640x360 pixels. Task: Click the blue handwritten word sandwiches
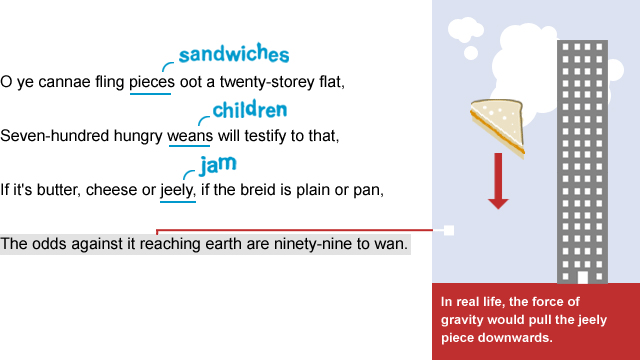click(233, 54)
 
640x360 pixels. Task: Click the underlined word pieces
click(151, 82)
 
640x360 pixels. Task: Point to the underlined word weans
click(189, 136)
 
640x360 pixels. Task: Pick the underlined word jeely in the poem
click(177, 189)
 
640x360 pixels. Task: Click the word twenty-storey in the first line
click(264, 82)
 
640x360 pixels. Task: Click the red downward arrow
click(498, 180)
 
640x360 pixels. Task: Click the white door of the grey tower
click(582, 276)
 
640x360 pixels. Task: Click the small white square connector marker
click(449, 231)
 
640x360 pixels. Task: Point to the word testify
click(283, 136)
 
